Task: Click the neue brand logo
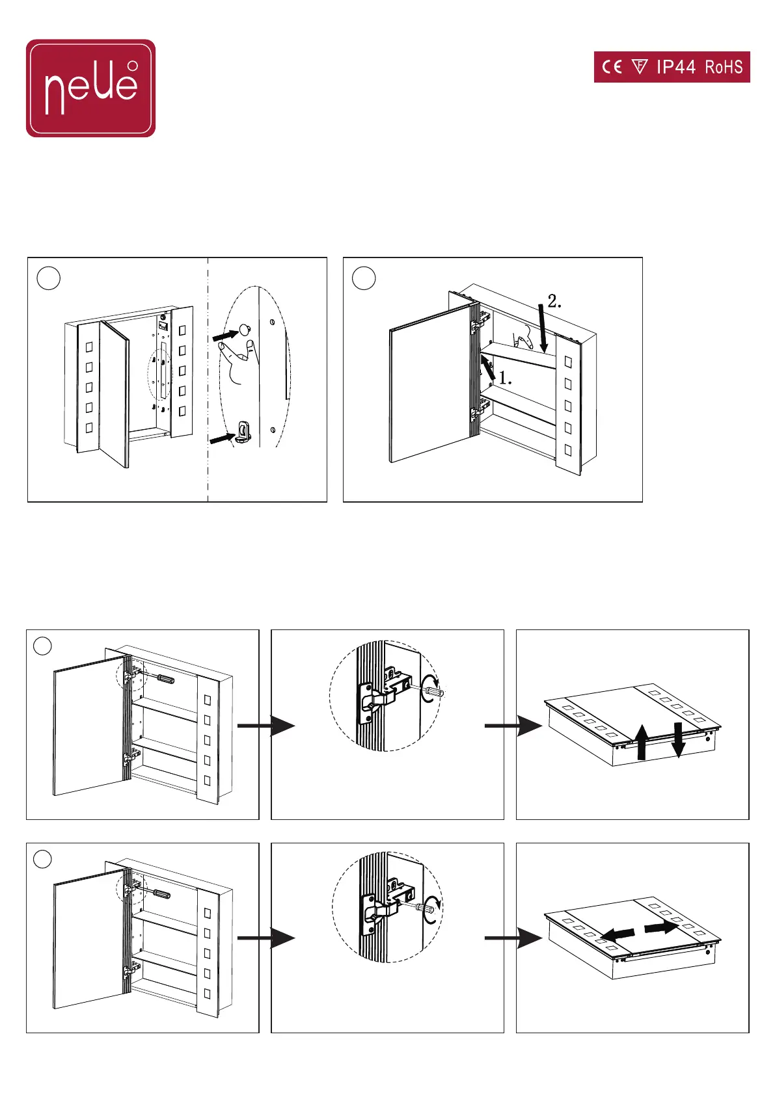click(x=90, y=88)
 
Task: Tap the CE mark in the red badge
click(x=612, y=67)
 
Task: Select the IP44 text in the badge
click(x=675, y=67)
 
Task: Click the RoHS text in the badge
click(x=724, y=67)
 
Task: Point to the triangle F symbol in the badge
click(x=640, y=66)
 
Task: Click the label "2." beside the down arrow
click(x=554, y=301)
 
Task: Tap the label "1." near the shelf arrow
click(x=505, y=378)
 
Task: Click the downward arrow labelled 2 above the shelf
click(x=543, y=328)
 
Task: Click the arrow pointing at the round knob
click(x=226, y=335)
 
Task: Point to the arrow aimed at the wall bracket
click(x=223, y=438)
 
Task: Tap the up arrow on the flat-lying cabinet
click(x=641, y=743)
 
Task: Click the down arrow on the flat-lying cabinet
click(x=678, y=740)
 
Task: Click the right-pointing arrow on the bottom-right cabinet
click(x=661, y=927)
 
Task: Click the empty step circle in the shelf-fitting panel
click(x=364, y=278)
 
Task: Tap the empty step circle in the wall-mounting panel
click(x=49, y=278)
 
